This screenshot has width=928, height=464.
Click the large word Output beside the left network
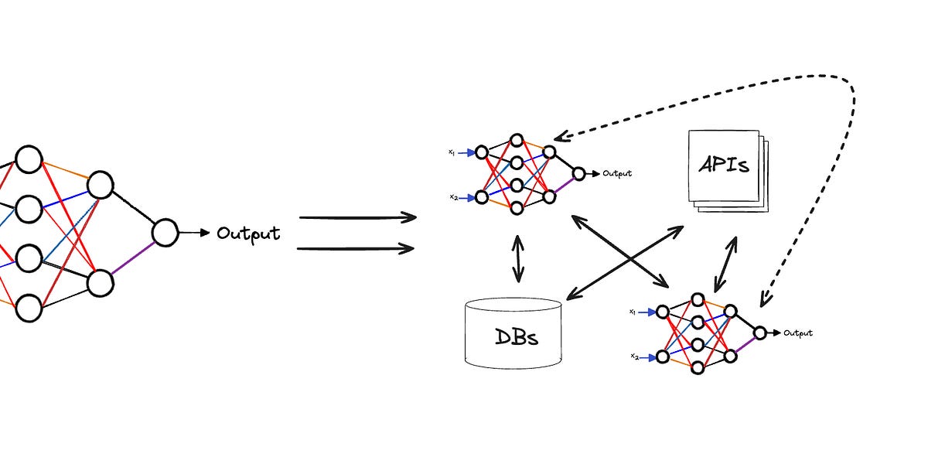pyautogui.click(x=248, y=233)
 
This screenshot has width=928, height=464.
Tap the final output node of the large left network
pyautogui.click(x=165, y=232)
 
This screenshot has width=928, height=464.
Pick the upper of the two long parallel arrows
pyautogui.click(x=357, y=218)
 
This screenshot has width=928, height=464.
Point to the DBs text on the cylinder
pyautogui.click(x=517, y=337)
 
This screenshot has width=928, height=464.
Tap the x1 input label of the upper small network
pyautogui.click(x=452, y=152)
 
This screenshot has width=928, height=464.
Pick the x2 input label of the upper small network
pyautogui.click(x=453, y=197)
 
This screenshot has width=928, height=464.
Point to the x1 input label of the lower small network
pyautogui.click(x=633, y=312)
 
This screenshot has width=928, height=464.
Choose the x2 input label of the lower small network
pyautogui.click(x=634, y=357)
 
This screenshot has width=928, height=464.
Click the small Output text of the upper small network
pyautogui.click(x=617, y=174)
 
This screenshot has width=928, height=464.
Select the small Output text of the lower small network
pyautogui.click(x=798, y=333)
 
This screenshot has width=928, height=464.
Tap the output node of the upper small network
pyautogui.click(x=578, y=174)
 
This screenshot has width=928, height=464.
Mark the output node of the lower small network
pyautogui.click(x=759, y=333)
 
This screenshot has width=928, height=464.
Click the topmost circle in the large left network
pyautogui.click(x=29, y=160)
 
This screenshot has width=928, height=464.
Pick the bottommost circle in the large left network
pyautogui.click(x=29, y=308)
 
